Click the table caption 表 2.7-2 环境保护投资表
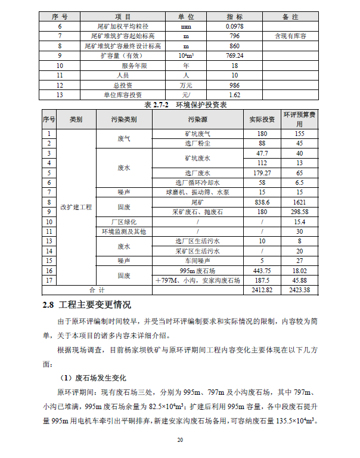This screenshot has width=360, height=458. point(185,104)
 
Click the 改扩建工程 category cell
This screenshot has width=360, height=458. point(76,206)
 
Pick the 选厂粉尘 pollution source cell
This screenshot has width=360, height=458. point(197,144)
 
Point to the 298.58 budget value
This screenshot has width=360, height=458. point(299,212)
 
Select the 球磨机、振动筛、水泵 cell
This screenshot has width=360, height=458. point(197,193)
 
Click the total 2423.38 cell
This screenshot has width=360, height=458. point(299,290)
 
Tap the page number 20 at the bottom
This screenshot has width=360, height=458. point(179,440)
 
